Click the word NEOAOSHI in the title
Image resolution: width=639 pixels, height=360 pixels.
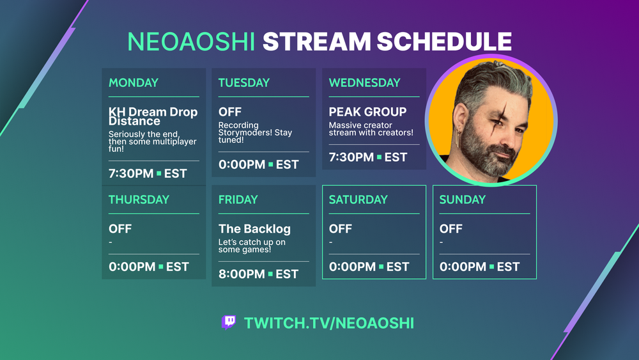tap(191, 42)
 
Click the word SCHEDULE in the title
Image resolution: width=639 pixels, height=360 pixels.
tap(444, 42)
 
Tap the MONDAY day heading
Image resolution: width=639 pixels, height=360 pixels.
tap(134, 82)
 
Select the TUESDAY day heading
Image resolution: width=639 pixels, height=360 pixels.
tap(243, 82)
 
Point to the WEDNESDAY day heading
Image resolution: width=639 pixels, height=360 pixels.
tap(364, 82)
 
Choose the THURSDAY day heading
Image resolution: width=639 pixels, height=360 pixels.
tap(139, 200)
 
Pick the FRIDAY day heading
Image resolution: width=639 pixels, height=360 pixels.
tap(238, 200)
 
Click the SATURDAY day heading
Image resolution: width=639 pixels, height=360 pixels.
tap(358, 200)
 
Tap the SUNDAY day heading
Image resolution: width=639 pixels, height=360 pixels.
tap(463, 200)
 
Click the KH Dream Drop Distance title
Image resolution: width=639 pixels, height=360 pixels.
tap(153, 116)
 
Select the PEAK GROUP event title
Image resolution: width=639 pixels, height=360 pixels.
tap(367, 112)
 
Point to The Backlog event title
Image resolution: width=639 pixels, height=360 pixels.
tap(254, 229)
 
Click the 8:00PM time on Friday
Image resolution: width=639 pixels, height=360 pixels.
tap(242, 274)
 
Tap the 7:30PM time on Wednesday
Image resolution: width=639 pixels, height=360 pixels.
tap(351, 157)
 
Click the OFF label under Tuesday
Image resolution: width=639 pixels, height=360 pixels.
tap(230, 112)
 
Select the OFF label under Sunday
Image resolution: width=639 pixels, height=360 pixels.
tap(450, 229)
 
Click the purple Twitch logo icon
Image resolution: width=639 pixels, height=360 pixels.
tap(229, 322)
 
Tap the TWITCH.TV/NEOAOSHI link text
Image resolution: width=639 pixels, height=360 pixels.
tap(329, 324)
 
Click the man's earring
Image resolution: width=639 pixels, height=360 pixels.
tap(458, 138)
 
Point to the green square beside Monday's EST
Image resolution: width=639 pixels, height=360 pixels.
tap(159, 174)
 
